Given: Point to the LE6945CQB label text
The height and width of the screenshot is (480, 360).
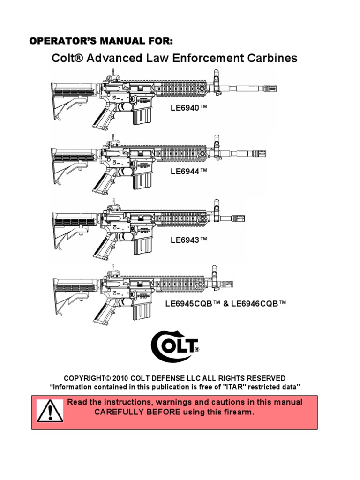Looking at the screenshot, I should (193, 304).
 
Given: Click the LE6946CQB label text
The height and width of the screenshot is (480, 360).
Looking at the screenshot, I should (258, 304).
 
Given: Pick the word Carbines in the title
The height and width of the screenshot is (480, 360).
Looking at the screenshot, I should (272, 59).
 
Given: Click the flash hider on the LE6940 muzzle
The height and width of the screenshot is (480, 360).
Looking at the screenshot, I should (268, 87).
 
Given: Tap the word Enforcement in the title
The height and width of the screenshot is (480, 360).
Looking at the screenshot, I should (206, 59).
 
